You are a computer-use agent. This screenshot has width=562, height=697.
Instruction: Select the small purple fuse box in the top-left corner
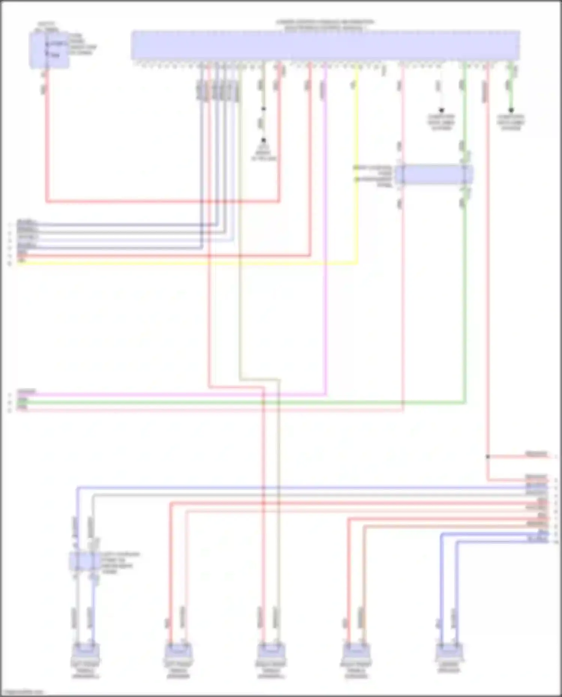pyautogui.click(x=49, y=50)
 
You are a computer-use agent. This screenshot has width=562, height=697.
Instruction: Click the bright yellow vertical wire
pyautogui.click(x=357, y=169)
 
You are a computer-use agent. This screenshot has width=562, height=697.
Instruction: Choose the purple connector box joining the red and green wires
pyautogui.click(x=433, y=175)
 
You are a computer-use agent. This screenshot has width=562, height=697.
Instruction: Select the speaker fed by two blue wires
pyautogui.click(x=449, y=652)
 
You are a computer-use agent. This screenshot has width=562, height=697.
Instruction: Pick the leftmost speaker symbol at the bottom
pyautogui.click(x=85, y=652)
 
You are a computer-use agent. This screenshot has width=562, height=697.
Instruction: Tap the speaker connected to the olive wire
pyautogui.click(x=271, y=652)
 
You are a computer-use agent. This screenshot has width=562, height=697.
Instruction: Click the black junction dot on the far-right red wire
pyautogui.click(x=487, y=457)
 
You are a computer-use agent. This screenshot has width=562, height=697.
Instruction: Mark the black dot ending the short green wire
pyautogui.click(x=511, y=110)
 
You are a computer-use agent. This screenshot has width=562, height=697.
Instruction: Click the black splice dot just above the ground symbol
pyautogui.click(x=263, y=109)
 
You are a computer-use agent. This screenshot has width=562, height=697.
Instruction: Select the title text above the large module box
pyautogui.click(x=325, y=25)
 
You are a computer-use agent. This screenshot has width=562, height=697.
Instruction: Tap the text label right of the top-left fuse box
pyautogui.click(x=82, y=44)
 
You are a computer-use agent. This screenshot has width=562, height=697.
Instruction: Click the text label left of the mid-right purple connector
pyautogui.click(x=373, y=176)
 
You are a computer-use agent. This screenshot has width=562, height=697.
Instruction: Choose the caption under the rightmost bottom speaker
pyautogui.click(x=449, y=667)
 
